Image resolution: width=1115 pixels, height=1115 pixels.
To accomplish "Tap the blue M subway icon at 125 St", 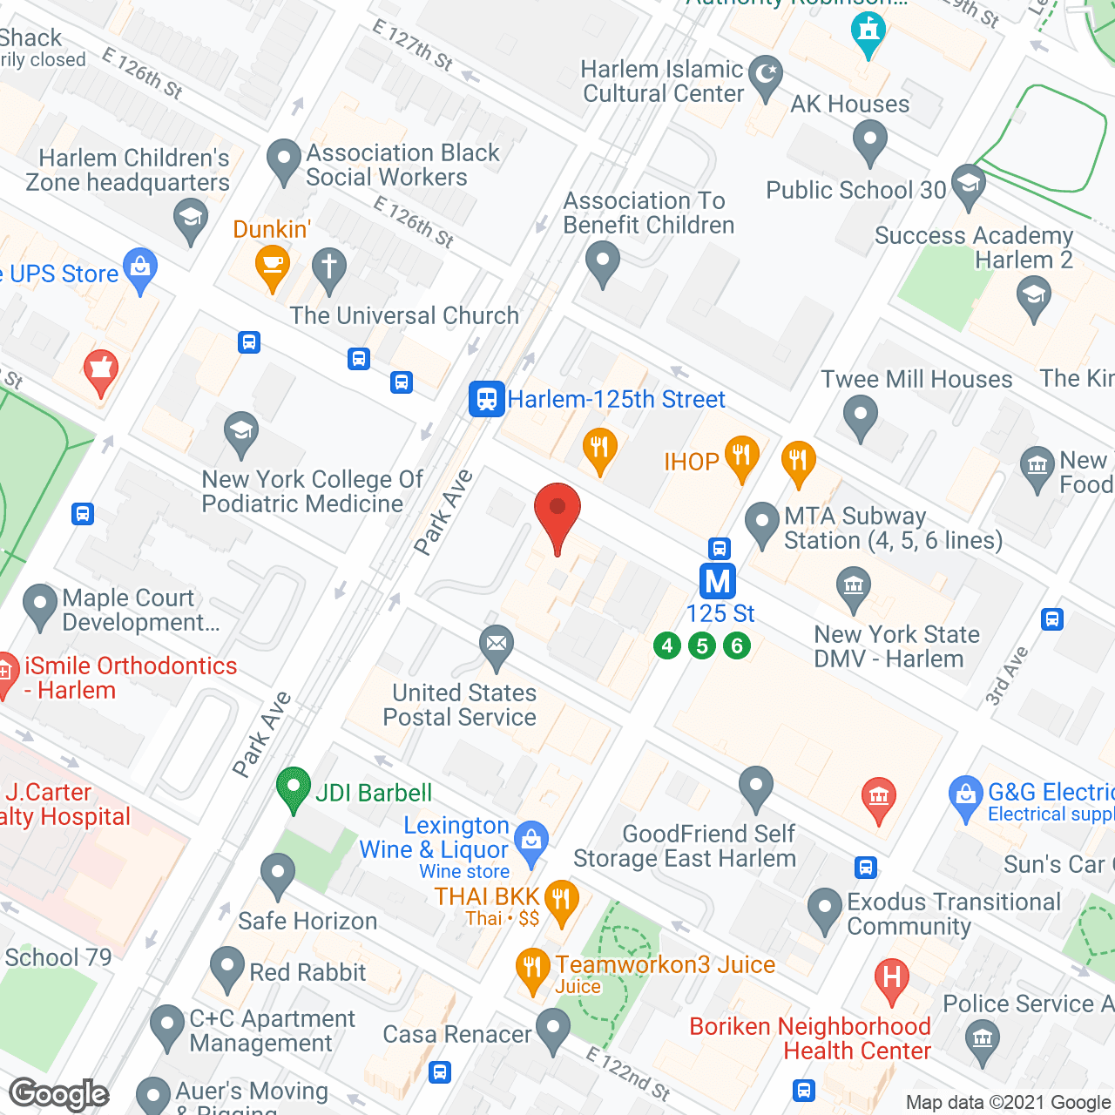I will (x=718, y=581).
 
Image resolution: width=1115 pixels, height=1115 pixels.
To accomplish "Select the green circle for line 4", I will (x=667, y=645).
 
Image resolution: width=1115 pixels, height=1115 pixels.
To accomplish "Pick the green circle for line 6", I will (x=737, y=645).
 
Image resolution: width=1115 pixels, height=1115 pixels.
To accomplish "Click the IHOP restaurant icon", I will (x=741, y=456).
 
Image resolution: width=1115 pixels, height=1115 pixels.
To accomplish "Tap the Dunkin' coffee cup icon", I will (x=273, y=265).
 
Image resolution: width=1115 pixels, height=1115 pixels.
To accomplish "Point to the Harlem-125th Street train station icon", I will (x=486, y=399).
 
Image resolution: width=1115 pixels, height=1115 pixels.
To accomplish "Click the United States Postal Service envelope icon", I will (x=497, y=645).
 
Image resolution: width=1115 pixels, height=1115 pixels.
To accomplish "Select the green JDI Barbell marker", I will (x=294, y=787).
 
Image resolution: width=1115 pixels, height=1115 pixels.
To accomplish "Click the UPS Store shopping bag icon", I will (x=140, y=268).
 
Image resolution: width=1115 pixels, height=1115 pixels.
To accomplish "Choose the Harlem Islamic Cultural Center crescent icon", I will (x=766, y=74).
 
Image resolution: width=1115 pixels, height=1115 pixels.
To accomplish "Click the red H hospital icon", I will (x=891, y=978).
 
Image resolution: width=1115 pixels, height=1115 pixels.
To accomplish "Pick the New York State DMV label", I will (x=896, y=646).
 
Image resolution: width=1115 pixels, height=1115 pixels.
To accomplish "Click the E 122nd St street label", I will (x=627, y=1074).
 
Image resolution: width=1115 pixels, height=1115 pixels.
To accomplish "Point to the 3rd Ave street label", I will (x=1007, y=676).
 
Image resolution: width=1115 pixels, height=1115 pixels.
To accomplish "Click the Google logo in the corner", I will (x=59, y=1094).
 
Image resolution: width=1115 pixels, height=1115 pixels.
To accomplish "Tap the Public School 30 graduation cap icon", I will (x=969, y=184).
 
